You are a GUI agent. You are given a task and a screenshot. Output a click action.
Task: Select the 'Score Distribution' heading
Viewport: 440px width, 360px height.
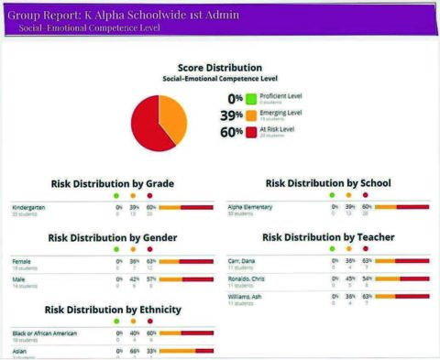tap(220, 68)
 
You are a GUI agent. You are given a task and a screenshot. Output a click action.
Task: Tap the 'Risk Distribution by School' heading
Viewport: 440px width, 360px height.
tap(327, 183)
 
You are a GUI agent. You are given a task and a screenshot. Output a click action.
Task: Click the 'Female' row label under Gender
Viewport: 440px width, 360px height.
tap(21, 261)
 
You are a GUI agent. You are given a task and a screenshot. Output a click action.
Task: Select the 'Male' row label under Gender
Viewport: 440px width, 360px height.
tap(19, 278)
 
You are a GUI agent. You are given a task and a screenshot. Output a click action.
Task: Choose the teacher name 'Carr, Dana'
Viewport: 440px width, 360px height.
tap(244, 261)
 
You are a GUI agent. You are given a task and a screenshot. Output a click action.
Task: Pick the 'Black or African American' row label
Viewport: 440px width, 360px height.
tap(43, 333)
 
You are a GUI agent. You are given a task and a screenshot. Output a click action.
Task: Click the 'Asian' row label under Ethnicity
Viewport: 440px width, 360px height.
tap(19, 349)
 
